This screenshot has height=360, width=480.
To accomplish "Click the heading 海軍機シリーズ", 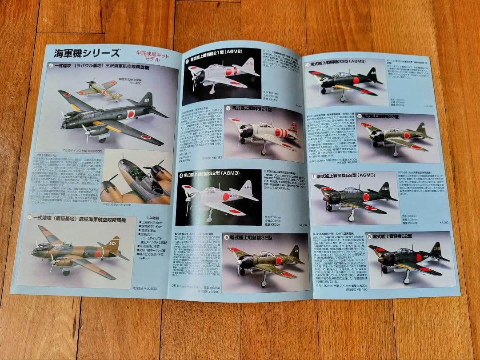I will tap(87, 53).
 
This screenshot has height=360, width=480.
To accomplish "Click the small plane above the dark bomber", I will tap(100, 89).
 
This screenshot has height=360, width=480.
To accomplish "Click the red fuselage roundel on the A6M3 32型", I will tap(226, 196).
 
